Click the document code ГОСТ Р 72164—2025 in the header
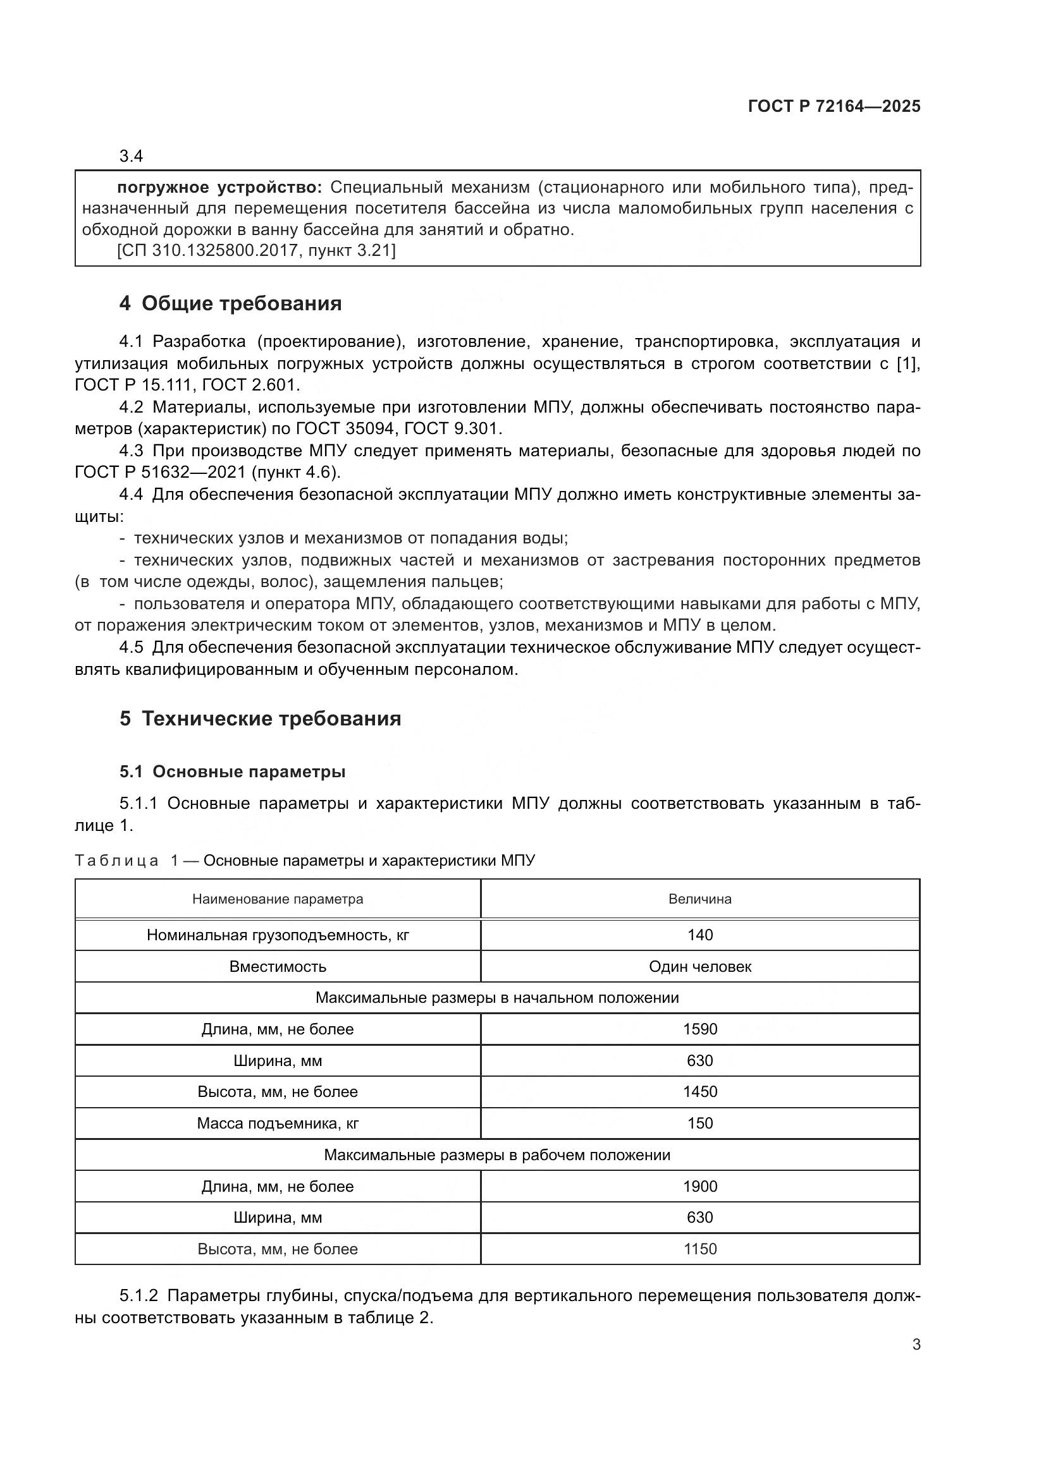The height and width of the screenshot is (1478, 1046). tap(834, 107)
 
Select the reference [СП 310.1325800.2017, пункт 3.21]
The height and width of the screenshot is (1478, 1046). tap(255, 250)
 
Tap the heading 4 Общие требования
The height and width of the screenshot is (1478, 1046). tap(230, 303)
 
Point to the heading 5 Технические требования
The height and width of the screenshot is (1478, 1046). tap(259, 718)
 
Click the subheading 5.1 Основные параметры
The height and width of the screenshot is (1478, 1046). tap(232, 772)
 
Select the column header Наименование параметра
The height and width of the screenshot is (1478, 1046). tap(278, 899)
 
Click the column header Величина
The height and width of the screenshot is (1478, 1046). tap(699, 899)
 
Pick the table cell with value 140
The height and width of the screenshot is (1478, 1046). tap(699, 935)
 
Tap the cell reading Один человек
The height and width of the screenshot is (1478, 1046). tap(699, 966)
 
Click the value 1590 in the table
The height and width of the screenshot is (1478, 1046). tap(699, 1029)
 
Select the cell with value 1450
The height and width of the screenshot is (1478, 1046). tap(699, 1092)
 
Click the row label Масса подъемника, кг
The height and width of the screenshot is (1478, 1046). tap(278, 1124)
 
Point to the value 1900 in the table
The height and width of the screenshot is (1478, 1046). tap(699, 1187)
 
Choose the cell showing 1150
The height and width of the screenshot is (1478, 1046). tap(699, 1249)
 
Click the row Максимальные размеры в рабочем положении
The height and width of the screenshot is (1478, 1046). tap(496, 1155)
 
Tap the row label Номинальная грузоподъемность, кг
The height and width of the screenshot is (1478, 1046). tap(278, 935)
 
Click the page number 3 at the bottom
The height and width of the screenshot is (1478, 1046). tap(916, 1345)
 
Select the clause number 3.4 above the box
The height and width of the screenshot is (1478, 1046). tap(131, 157)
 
